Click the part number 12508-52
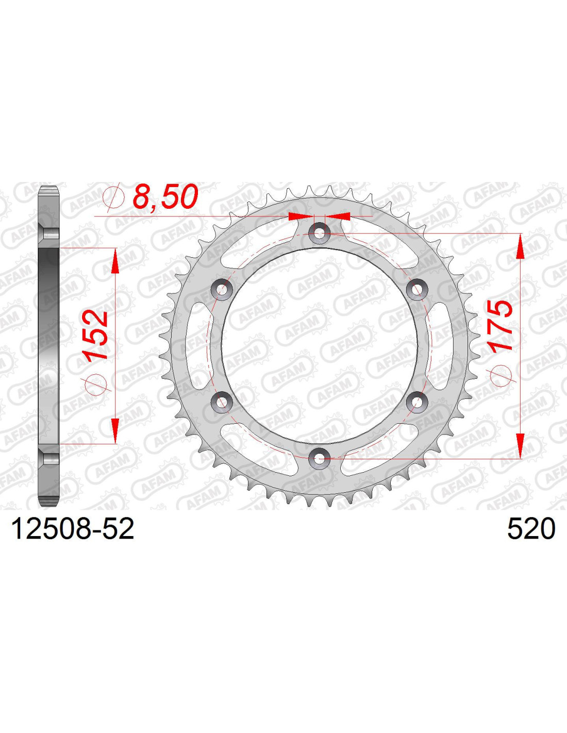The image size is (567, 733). coord(73,529)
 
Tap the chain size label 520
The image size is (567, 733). coord(531,529)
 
